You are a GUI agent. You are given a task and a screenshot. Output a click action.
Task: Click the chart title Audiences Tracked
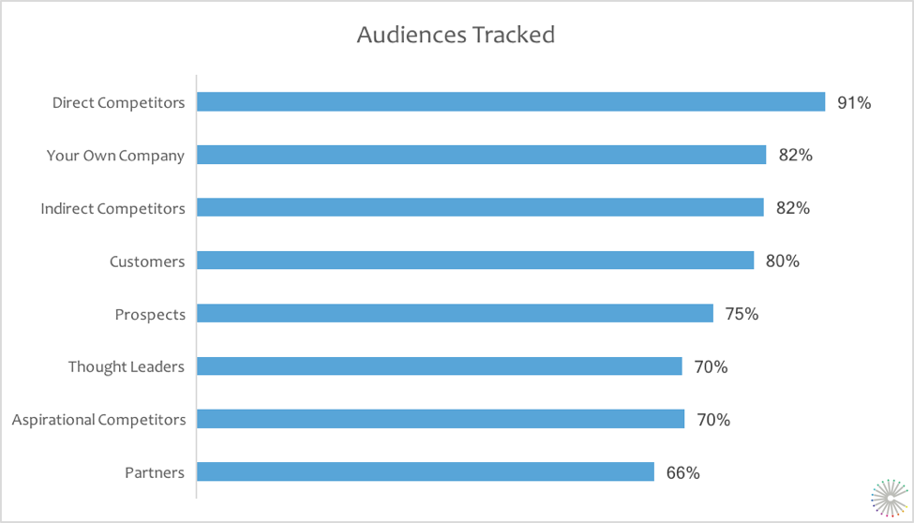point(456,36)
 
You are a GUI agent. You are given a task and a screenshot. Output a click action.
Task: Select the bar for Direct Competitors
point(511,102)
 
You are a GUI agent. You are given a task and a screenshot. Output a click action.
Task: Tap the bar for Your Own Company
point(482,155)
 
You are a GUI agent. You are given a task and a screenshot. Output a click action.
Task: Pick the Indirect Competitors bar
point(481,207)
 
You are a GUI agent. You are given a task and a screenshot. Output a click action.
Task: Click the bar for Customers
point(475,261)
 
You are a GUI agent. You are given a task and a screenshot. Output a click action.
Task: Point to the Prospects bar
point(456,313)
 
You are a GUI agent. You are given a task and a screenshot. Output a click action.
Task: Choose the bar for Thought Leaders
point(440,366)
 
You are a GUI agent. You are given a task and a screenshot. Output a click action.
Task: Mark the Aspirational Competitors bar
point(441,419)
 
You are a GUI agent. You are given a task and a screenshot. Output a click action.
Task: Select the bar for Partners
point(426,471)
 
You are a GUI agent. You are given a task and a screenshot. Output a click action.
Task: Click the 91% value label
point(854,103)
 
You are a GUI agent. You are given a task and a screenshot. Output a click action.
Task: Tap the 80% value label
point(783,261)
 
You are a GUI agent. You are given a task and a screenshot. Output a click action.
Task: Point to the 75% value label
point(742,314)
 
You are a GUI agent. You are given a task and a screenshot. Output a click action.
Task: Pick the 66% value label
point(682,472)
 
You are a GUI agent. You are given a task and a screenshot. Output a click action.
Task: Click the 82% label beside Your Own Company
point(795,156)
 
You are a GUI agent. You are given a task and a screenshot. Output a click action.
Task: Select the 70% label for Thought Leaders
point(711,367)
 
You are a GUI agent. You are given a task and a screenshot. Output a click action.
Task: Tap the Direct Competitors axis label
point(118,103)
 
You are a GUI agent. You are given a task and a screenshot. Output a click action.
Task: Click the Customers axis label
point(147,261)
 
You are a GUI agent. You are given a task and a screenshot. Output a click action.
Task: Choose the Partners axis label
point(155,472)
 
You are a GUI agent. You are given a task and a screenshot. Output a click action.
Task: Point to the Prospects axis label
point(150,315)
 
